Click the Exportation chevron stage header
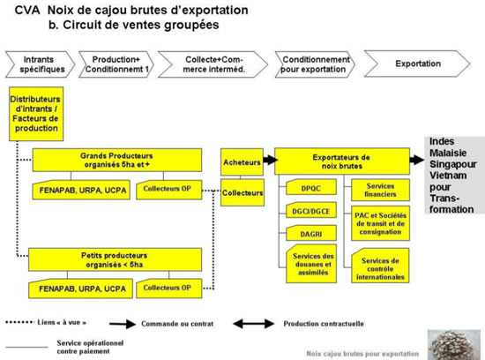click(417, 64)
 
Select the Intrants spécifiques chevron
click(40, 64)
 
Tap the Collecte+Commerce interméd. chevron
click(213, 64)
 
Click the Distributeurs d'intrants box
click(36, 114)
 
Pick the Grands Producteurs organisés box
click(117, 160)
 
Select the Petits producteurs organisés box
click(115, 259)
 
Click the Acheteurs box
click(242, 162)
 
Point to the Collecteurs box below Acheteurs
click(242, 192)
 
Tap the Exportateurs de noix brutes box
click(342, 161)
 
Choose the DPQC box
click(311, 187)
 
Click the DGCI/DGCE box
click(311, 211)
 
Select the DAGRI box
click(311, 234)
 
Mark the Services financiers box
click(380, 190)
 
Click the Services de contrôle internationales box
click(380, 266)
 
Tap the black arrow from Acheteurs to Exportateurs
click(271, 160)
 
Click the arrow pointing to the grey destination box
click(417, 160)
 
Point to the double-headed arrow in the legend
click(254, 324)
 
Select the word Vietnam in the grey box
click(448, 176)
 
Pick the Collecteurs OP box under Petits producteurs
click(169, 289)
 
